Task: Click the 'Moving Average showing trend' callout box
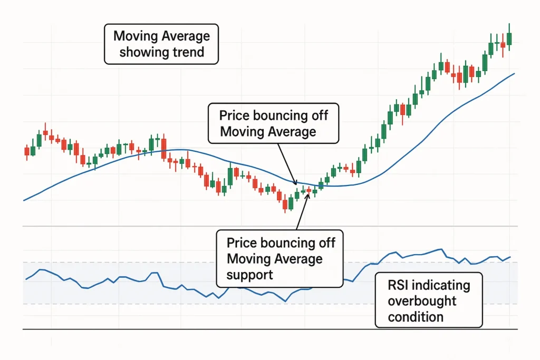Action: click(x=161, y=45)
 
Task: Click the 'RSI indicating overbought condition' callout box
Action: click(x=428, y=301)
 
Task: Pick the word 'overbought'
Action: click(x=422, y=301)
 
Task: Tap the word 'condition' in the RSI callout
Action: click(x=416, y=317)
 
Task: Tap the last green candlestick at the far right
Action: click(x=509, y=38)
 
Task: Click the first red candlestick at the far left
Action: click(x=27, y=151)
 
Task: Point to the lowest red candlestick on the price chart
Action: click(x=285, y=203)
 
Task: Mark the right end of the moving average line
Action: click(x=514, y=74)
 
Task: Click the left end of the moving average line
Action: click(x=24, y=200)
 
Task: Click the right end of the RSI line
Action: click(x=510, y=257)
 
